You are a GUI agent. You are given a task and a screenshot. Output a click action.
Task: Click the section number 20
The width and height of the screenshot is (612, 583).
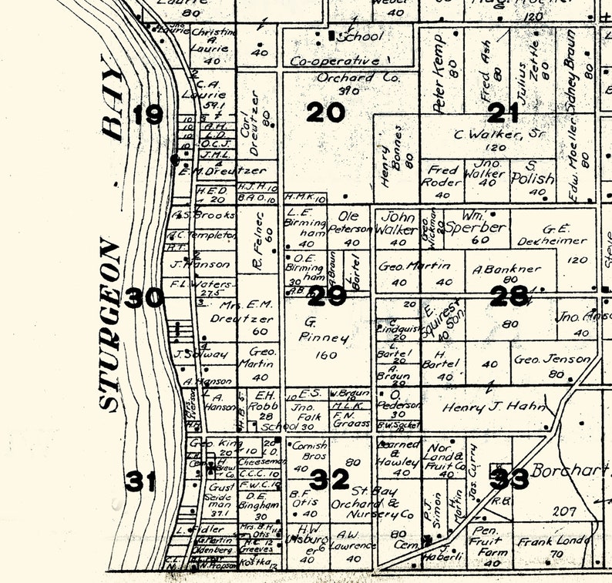click(x=325, y=113)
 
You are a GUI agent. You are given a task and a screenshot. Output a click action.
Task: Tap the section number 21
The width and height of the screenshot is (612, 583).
click(x=503, y=113)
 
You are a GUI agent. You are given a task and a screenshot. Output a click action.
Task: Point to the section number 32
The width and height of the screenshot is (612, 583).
click(x=329, y=481)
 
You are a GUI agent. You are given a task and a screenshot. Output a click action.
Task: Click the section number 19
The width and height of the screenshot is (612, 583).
click(x=148, y=116)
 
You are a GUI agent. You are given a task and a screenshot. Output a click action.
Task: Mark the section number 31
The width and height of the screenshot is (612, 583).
click(x=141, y=482)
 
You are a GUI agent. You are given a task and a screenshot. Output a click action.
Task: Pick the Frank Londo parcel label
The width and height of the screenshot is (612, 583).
click(x=553, y=541)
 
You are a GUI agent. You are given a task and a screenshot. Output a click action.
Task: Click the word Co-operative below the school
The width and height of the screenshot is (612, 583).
click(x=335, y=61)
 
